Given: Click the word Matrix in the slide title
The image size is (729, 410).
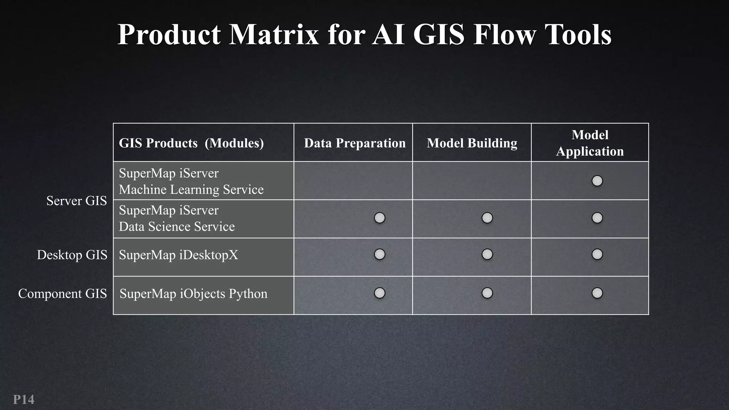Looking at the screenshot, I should coord(274,35).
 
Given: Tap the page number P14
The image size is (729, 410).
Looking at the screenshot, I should coord(23,399).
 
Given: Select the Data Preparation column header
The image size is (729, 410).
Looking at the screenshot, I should coord(355,143).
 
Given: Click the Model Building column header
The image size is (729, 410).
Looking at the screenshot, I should coord(472,143).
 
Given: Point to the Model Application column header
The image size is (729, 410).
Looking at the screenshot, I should coord(590,143).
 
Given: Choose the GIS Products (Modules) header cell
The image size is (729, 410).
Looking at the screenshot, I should coord(191,143).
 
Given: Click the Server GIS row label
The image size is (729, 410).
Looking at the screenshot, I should coord(77,201).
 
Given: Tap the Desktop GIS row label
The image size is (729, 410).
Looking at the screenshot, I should coord(72,255).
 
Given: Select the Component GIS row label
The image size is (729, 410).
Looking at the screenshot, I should coord(62,294).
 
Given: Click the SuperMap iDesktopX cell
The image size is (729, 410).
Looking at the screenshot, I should coord(178,255).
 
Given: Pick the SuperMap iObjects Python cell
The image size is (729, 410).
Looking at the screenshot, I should coord(193,294).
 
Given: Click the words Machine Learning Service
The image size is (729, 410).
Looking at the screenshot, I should coord(191,190).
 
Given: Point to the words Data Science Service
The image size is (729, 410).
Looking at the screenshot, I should coord(177,227).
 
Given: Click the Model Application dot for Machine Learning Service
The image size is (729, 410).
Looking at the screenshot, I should coord(597,181).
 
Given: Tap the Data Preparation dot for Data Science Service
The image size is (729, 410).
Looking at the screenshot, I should coord(379,218).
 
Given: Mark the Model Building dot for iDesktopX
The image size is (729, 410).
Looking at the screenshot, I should coord(487,254).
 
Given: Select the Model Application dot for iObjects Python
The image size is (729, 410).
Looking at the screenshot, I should coord(597,293).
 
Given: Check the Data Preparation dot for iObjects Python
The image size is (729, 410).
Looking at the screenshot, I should coord(379,293).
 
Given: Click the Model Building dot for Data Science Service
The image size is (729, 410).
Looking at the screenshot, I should coord(487,218).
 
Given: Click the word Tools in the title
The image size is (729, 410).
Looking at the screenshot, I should coord(578,35).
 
